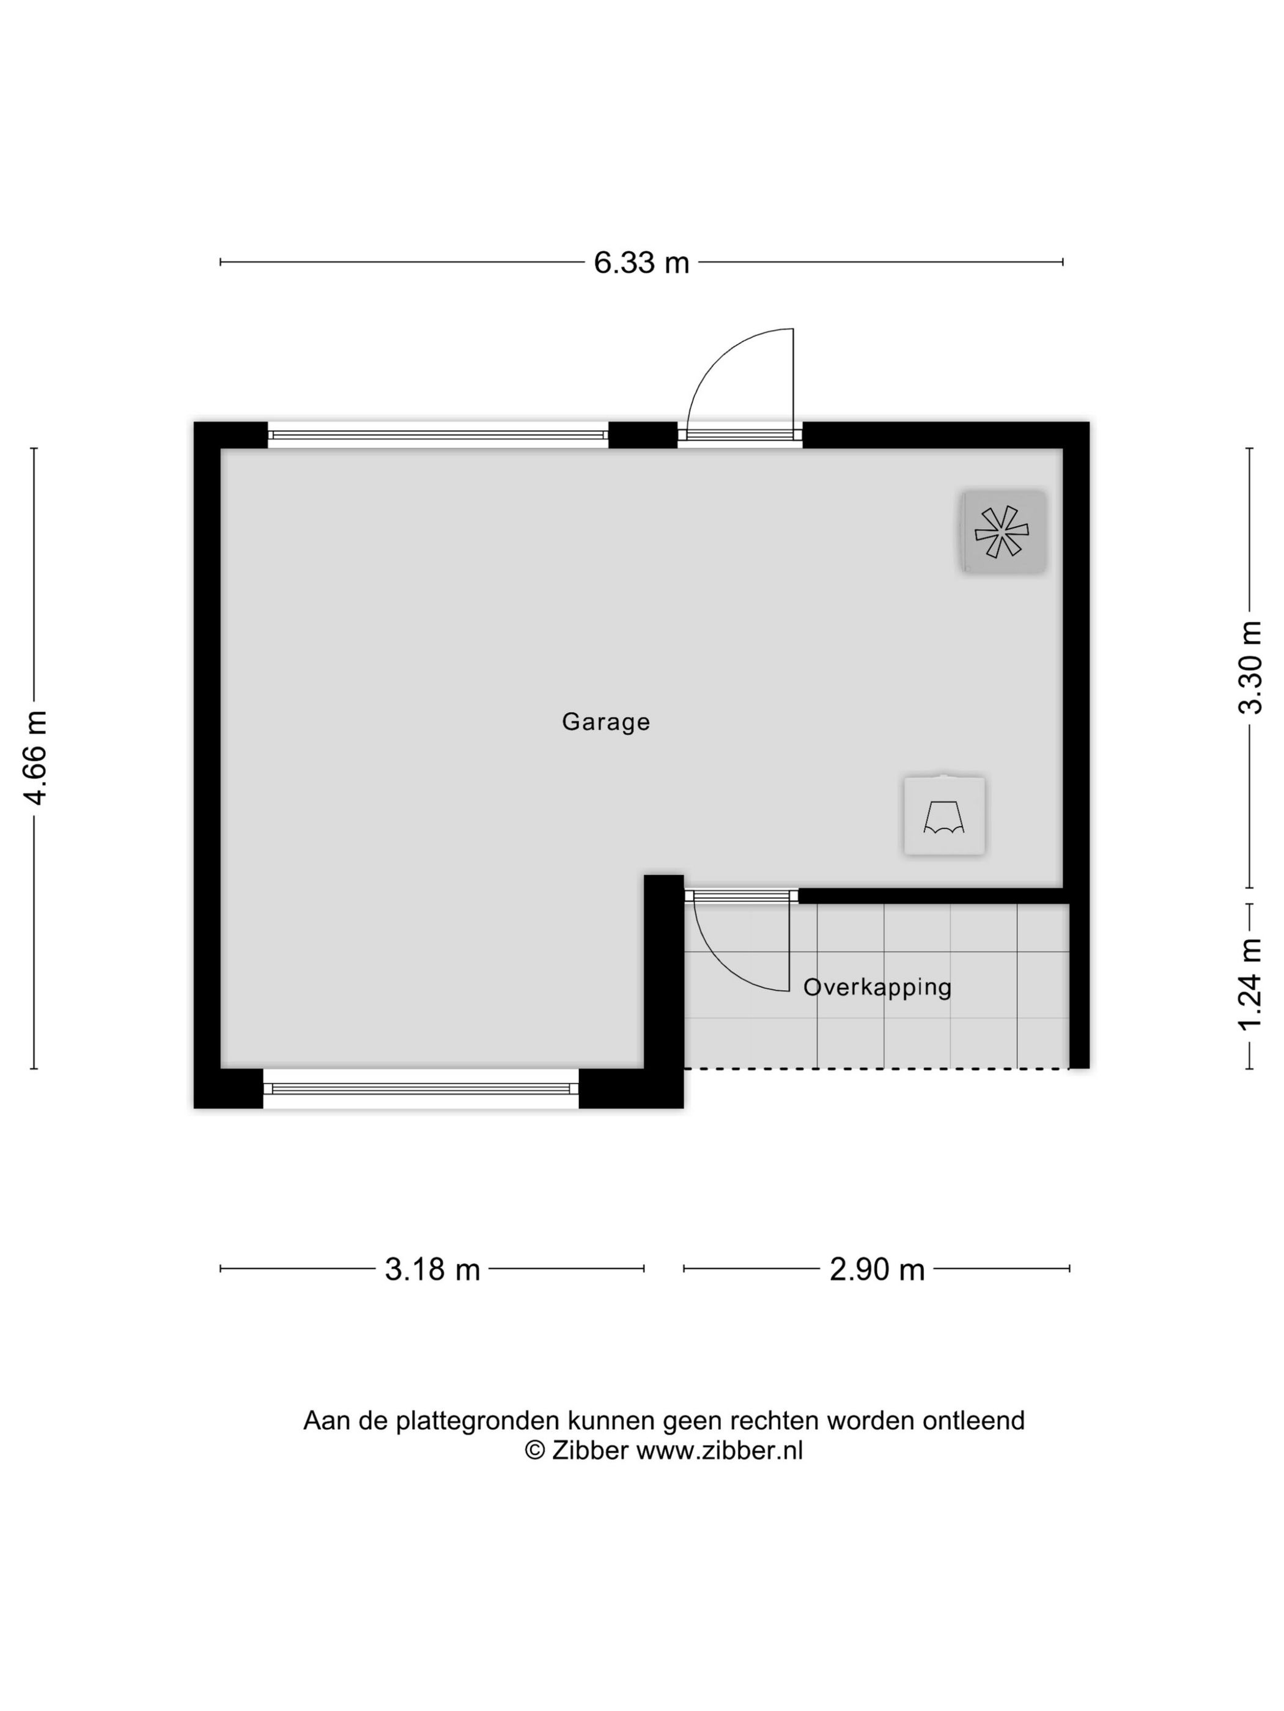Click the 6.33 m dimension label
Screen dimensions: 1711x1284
coord(641,263)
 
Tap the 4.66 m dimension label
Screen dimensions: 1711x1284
coord(36,757)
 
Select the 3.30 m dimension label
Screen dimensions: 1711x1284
coord(1250,667)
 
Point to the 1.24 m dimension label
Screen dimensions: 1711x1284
coord(1250,984)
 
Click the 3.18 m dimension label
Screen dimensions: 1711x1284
coord(432,1269)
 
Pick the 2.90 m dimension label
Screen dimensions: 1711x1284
coord(877,1269)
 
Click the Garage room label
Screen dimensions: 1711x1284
coord(605,722)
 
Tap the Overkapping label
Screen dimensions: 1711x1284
coord(877,987)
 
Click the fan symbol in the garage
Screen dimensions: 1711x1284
coord(1002,532)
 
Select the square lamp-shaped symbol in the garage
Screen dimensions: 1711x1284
coord(944,816)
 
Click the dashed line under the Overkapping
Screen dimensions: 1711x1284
coord(876,1069)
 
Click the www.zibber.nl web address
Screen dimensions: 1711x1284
coord(719,1450)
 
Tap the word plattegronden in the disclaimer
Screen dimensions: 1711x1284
coord(478,1420)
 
